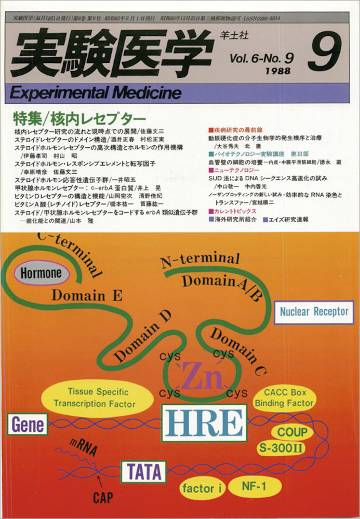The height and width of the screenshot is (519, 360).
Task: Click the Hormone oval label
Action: [41, 273]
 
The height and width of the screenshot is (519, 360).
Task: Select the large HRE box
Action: [204, 423]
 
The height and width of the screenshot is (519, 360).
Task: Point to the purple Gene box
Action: [27, 425]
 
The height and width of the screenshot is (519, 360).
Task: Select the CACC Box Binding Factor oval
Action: [288, 398]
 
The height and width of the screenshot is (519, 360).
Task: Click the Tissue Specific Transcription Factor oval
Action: [97, 398]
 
